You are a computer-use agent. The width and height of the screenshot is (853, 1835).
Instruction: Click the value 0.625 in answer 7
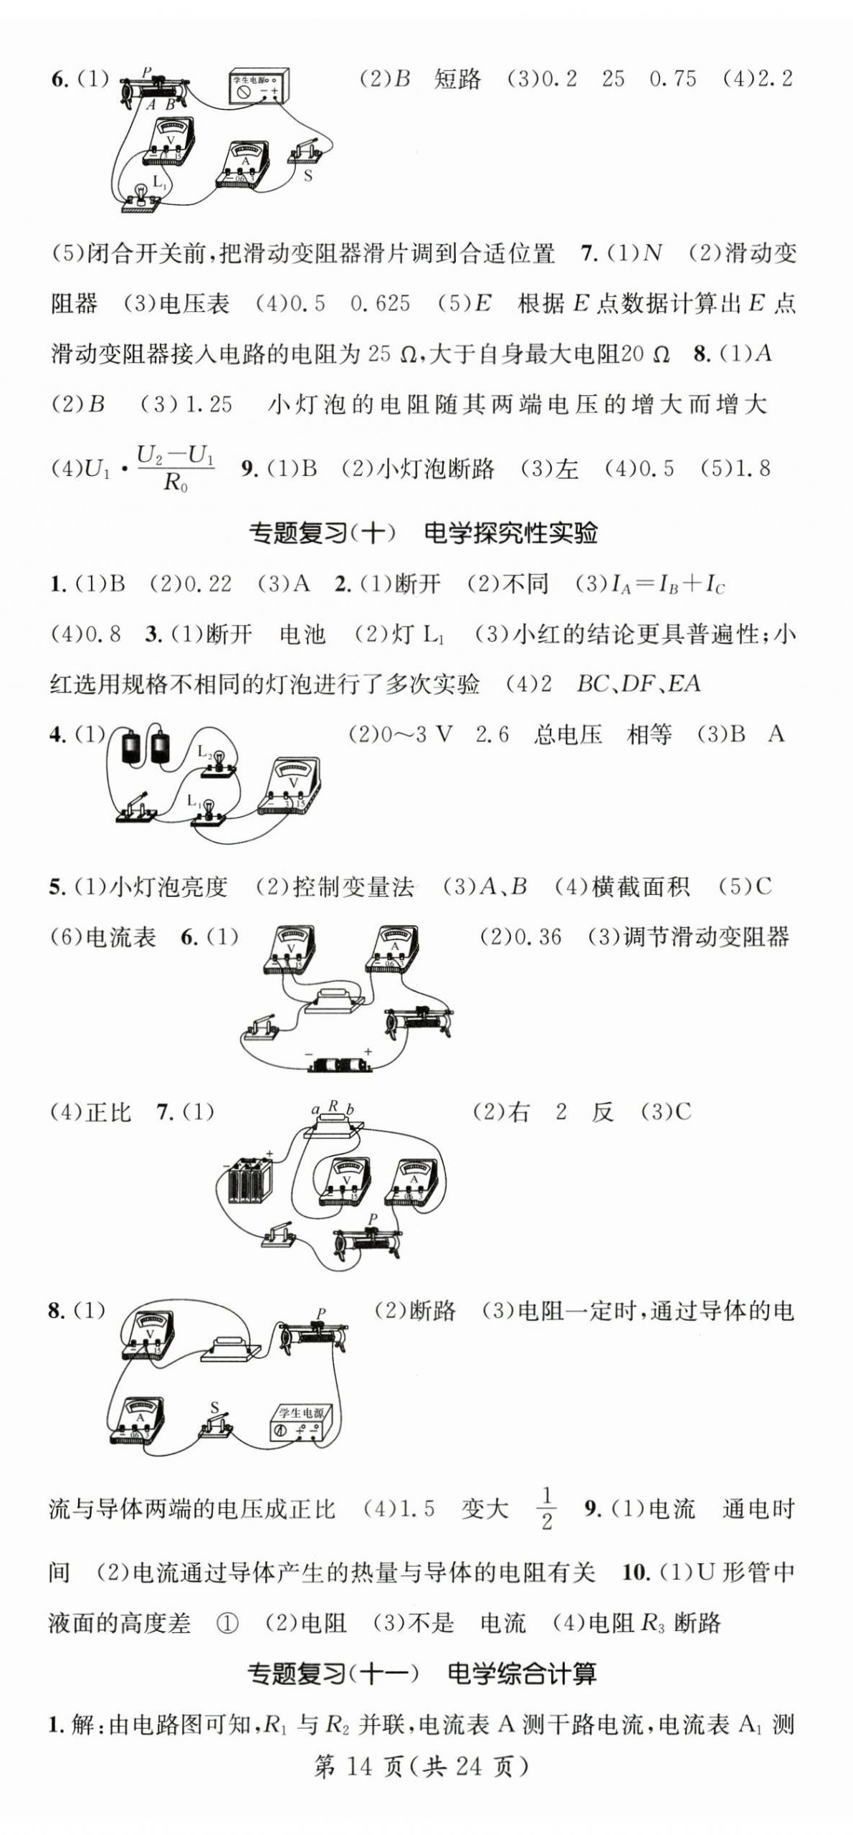click(x=380, y=303)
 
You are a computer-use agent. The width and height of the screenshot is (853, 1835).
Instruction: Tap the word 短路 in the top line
click(x=457, y=79)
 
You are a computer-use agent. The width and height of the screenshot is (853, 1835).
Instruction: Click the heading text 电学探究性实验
click(x=510, y=533)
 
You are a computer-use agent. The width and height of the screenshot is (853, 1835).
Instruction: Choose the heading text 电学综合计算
click(x=522, y=1674)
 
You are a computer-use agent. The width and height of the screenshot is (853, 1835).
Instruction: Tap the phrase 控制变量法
click(x=353, y=887)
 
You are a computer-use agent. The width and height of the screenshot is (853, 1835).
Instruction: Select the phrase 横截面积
click(x=641, y=887)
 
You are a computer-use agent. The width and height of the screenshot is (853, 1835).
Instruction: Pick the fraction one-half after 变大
click(x=546, y=1509)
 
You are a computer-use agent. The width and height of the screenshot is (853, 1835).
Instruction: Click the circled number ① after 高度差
click(x=227, y=1623)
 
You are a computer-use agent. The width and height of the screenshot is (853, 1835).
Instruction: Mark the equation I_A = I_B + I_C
click(x=667, y=584)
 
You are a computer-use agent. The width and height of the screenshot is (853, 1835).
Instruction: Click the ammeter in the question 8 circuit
click(x=138, y=1420)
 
